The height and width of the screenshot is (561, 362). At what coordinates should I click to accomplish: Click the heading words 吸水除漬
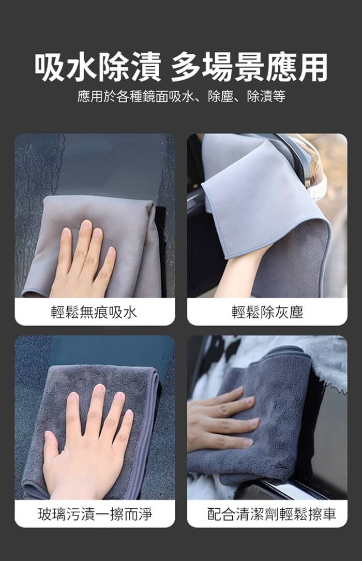(98, 67)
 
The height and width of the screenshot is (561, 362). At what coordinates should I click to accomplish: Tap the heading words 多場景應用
(249, 67)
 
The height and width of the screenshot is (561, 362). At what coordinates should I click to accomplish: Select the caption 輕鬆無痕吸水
(94, 313)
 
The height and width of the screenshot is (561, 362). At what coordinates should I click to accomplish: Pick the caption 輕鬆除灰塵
(267, 313)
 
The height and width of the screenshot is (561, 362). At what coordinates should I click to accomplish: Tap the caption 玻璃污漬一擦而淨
(95, 514)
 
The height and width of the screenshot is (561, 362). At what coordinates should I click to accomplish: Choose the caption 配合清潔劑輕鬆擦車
(271, 514)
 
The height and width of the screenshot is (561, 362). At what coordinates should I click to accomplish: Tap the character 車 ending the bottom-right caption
(329, 514)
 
